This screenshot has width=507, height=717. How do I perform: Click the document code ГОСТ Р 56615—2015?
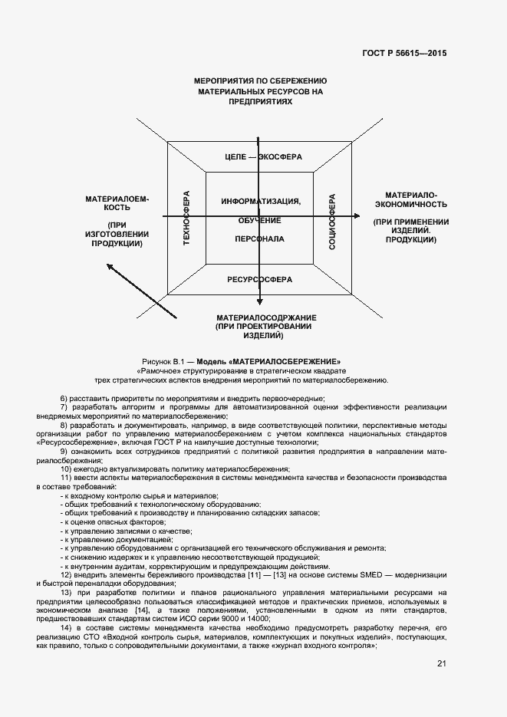404,53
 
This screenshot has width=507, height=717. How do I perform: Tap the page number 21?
441,663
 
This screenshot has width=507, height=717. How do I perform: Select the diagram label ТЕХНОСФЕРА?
186,218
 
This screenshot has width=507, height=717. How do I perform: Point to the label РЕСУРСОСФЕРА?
259,279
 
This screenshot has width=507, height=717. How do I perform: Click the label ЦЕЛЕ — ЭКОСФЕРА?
263,156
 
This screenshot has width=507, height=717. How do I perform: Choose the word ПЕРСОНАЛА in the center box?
259,238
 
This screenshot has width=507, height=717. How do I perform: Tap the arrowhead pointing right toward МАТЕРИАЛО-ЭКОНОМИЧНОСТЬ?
356,218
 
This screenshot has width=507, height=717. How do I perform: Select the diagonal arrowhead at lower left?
110,268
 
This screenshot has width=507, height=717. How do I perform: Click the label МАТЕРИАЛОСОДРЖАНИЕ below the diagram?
266,317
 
